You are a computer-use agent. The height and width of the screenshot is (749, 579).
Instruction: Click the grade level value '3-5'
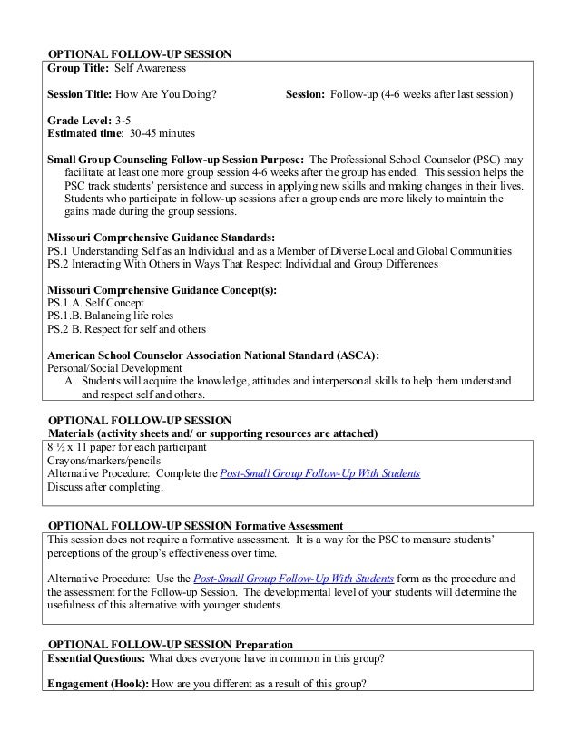coord(123,120)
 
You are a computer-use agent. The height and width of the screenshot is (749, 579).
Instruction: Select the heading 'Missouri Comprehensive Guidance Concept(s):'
coord(162,289)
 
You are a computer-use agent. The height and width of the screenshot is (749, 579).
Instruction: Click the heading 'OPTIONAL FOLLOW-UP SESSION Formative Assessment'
coord(194,526)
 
